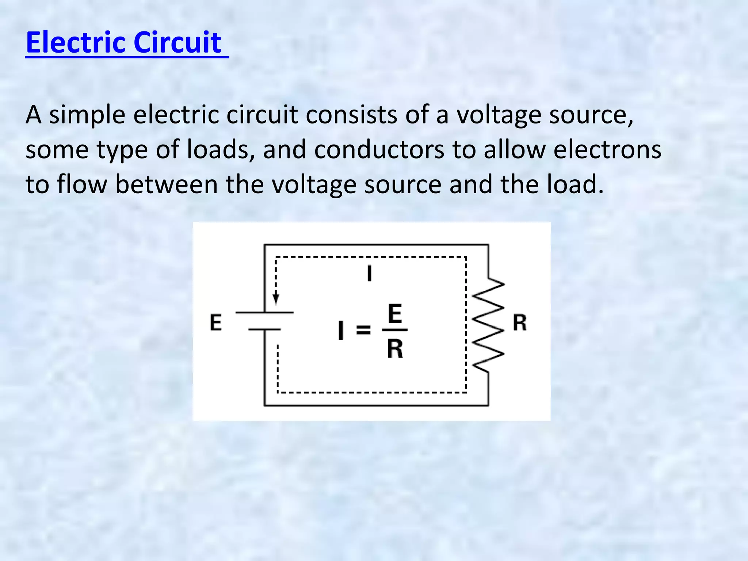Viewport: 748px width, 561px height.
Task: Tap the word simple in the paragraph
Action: tap(87, 115)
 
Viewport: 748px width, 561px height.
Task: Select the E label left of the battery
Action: tap(215, 323)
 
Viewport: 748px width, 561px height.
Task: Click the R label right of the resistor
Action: tap(520, 323)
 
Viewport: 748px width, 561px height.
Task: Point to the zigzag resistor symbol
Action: tap(488, 325)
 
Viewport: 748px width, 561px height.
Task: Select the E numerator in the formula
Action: tap(395, 314)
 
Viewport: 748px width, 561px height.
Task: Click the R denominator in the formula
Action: tap(395, 349)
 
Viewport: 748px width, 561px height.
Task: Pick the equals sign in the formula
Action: tap(363, 330)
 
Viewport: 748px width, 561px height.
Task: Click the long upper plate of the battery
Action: tap(264, 313)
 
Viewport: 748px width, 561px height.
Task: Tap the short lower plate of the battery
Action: tap(264, 329)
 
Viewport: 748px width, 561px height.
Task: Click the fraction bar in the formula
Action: tap(395, 330)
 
